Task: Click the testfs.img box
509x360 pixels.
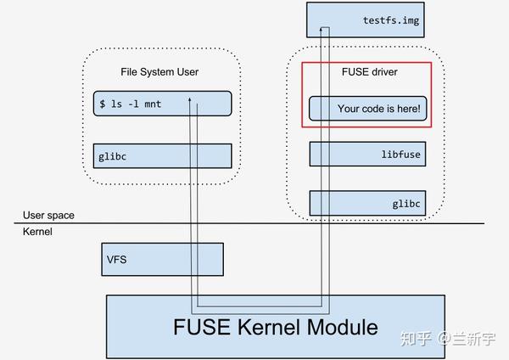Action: point(364,19)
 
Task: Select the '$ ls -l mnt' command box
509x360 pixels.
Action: point(161,104)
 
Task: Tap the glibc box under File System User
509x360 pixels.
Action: point(161,155)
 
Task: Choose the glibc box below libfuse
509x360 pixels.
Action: point(366,203)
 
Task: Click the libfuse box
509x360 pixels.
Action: point(366,155)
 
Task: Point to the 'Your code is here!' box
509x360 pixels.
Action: point(366,109)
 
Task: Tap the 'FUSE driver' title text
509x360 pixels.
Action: point(367,72)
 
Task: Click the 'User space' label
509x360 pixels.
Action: point(48,216)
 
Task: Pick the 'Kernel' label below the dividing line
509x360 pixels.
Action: point(37,231)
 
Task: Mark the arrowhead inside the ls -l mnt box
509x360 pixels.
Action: point(195,105)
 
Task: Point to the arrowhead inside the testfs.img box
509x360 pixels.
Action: point(324,30)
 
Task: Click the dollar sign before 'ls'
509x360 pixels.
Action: point(103,104)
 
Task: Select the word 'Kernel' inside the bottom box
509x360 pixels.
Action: point(268,326)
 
